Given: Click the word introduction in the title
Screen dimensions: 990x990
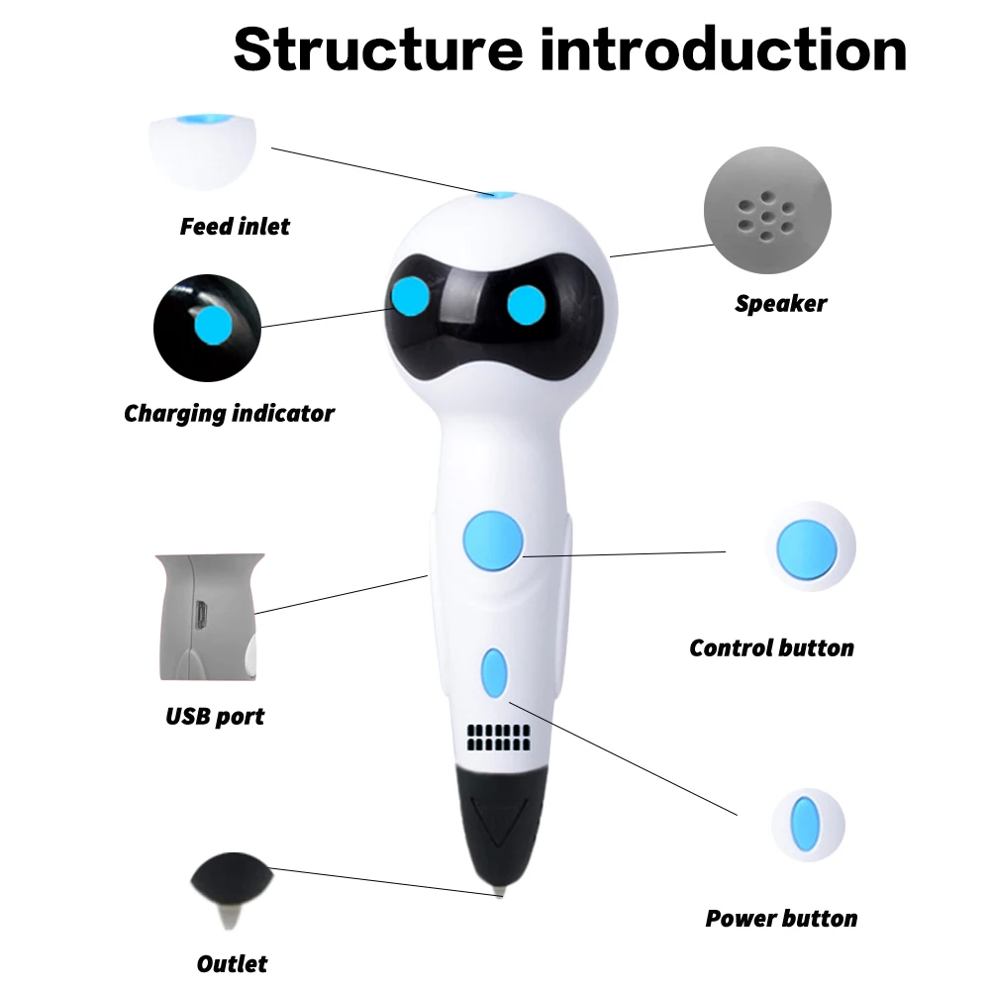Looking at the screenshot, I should point(723,49).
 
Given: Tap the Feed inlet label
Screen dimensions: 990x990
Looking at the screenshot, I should point(235,227).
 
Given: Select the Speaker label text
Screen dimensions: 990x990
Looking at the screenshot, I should point(780,304).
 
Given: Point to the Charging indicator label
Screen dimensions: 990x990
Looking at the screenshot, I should point(229,413).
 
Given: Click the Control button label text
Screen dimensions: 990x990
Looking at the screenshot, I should point(771,648).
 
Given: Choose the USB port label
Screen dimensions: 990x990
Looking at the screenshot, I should point(215,715).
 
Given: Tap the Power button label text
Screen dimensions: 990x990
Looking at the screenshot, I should point(781,919).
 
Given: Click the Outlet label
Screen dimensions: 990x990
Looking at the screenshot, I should point(232,963).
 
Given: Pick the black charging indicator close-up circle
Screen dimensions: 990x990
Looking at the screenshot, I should point(207,327).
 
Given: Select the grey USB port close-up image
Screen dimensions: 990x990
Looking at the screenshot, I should point(209,617).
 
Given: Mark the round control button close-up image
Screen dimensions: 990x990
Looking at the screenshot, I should point(808,546).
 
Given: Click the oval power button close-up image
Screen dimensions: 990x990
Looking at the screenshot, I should point(808,825).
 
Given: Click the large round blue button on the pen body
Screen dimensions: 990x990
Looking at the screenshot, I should point(493,541).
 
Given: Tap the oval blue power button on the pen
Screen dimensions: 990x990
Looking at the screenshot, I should point(493,674).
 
